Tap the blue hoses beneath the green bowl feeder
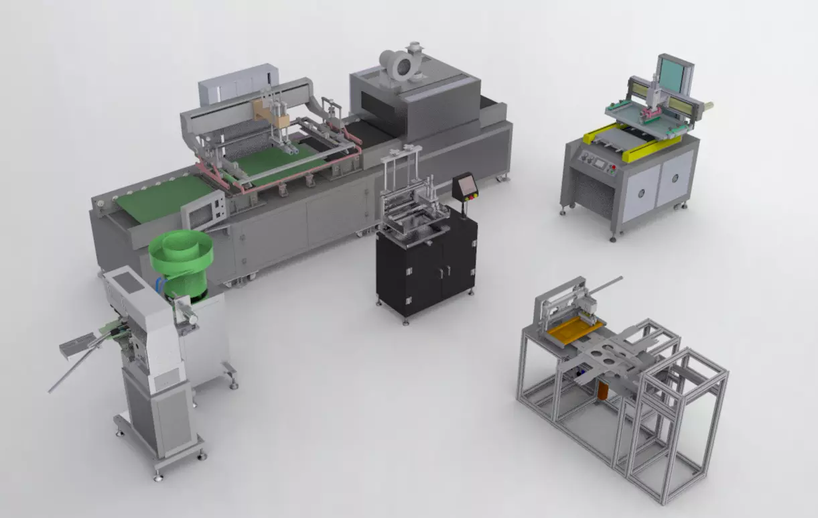tap(159, 284)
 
